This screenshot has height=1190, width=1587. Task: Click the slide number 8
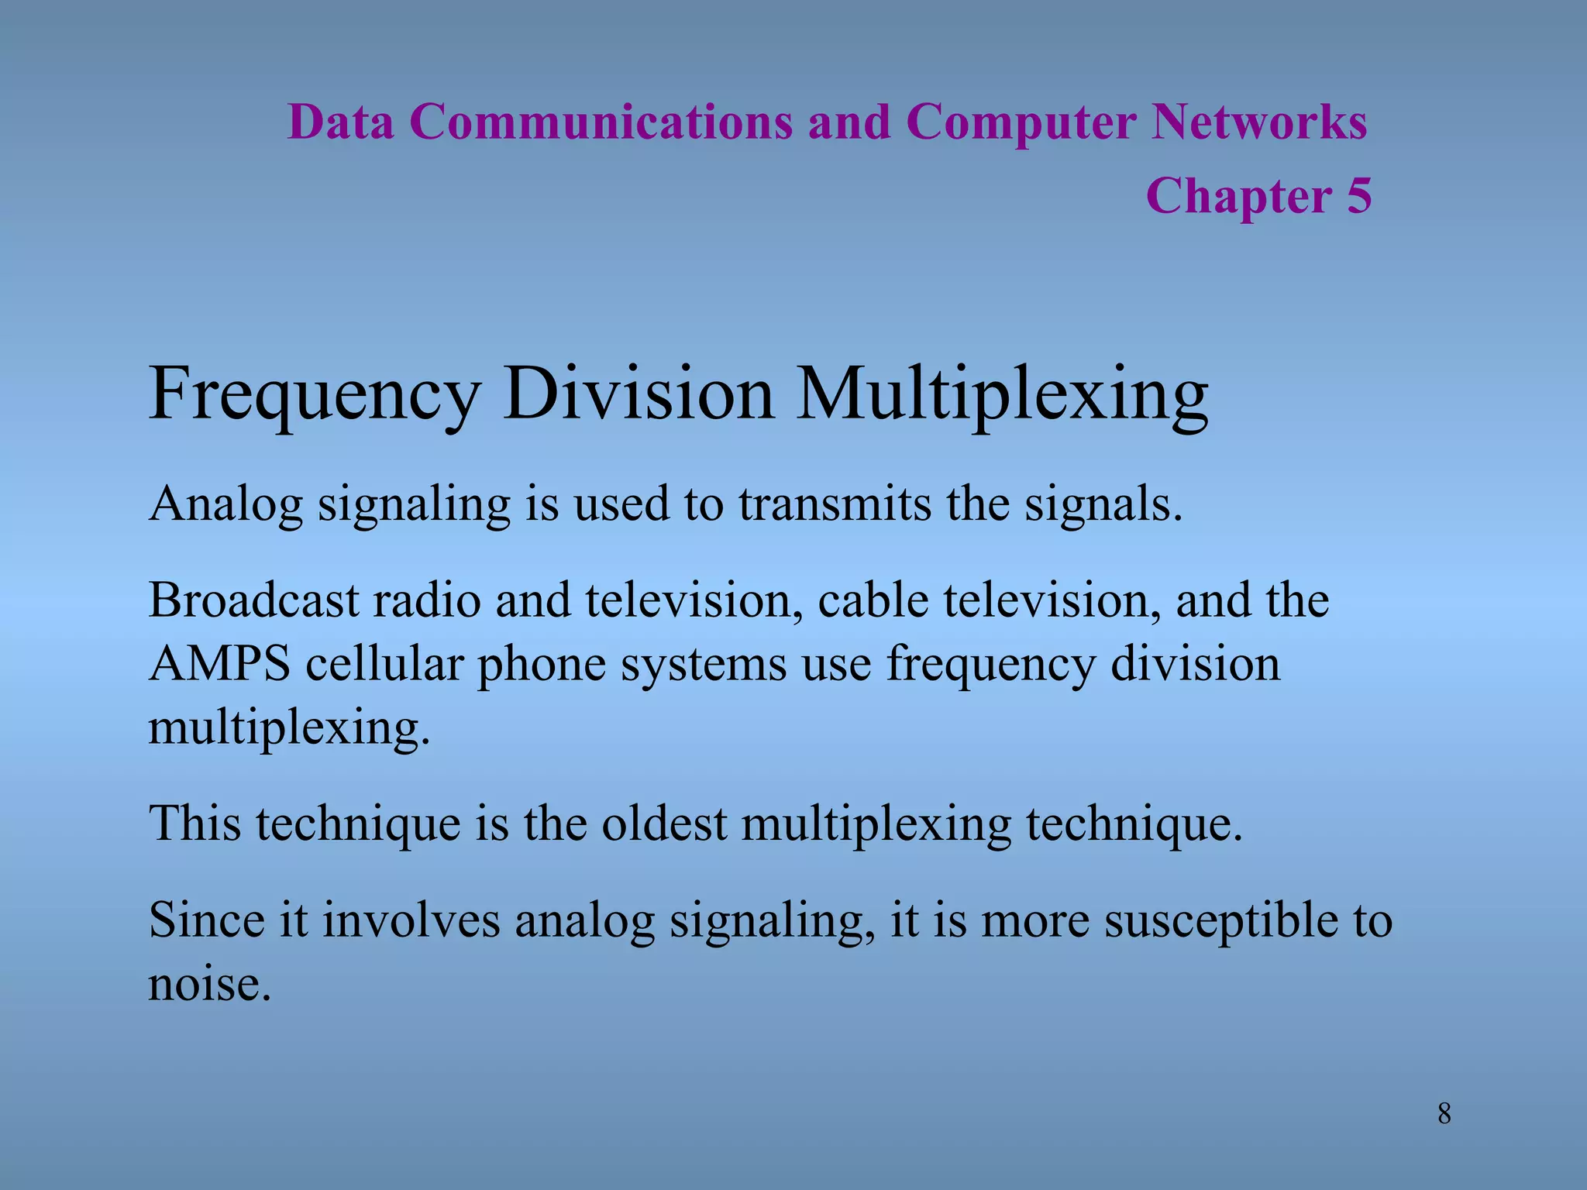[x=1444, y=1114]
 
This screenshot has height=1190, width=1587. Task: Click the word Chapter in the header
[x=1238, y=195]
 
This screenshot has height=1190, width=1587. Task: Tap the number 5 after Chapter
[x=1358, y=195]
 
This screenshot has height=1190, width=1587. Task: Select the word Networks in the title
[x=1258, y=122]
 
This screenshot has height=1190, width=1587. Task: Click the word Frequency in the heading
[x=314, y=395]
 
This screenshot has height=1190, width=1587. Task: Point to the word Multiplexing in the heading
[x=1002, y=395]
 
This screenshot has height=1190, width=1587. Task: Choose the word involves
[x=411, y=920]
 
